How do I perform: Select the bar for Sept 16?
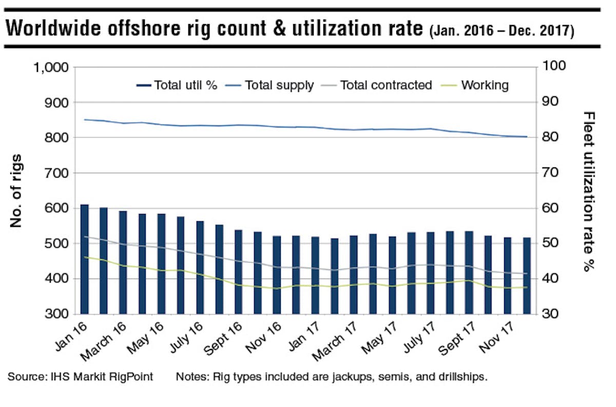238,272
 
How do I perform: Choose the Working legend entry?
485,85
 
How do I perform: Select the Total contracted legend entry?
386,85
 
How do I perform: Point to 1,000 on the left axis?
50,67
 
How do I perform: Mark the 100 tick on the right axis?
552,67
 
